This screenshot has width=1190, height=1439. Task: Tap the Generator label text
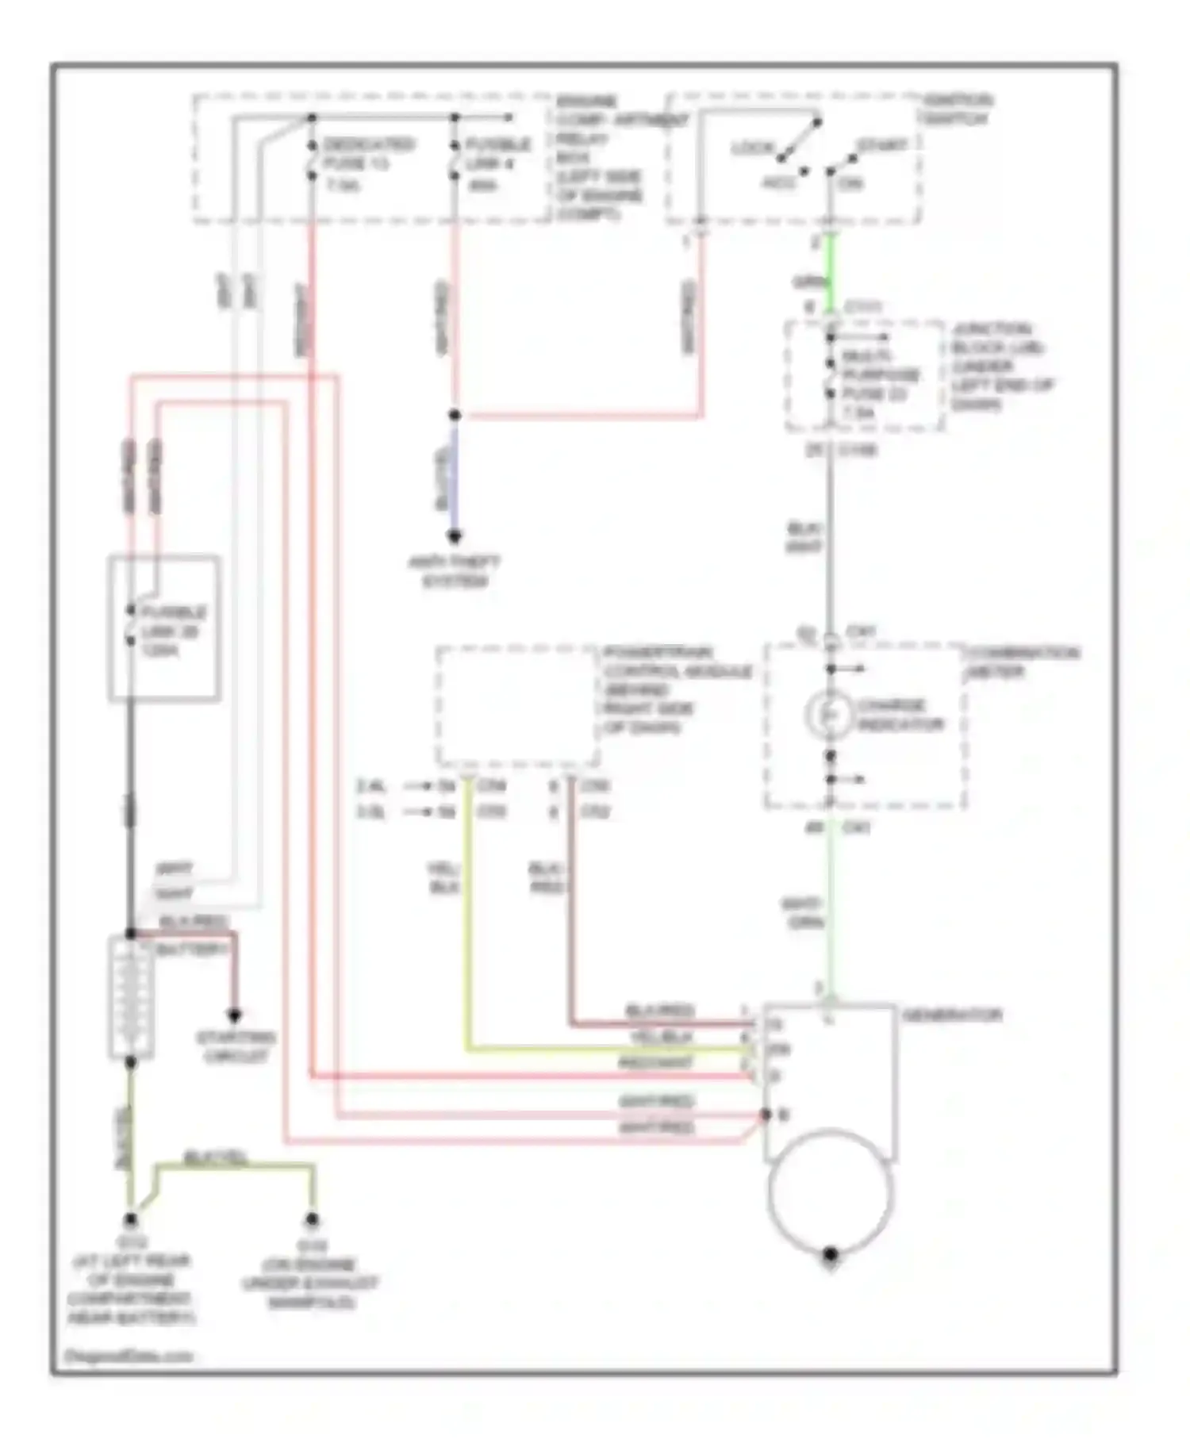(952, 1015)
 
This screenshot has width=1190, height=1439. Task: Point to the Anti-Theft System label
(455, 572)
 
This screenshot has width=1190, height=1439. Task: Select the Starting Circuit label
(236, 1047)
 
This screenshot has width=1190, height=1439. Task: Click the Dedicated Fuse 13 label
(367, 164)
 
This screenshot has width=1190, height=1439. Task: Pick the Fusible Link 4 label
(497, 164)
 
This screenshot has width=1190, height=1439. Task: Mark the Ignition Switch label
(957, 109)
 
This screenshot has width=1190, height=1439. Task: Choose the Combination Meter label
(1023, 662)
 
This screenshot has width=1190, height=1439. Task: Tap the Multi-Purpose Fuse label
(881, 384)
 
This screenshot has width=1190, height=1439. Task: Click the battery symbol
(131, 997)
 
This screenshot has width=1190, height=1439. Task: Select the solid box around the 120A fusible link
(164, 628)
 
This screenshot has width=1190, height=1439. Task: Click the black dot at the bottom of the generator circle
(830, 1254)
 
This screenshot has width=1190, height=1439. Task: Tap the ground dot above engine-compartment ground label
(131, 1220)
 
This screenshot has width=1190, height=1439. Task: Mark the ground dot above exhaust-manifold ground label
(312, 1220)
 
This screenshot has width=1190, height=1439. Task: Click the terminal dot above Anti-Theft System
(455, 537)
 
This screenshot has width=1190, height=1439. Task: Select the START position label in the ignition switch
(881, 146)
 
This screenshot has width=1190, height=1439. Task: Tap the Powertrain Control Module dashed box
(517, 706)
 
